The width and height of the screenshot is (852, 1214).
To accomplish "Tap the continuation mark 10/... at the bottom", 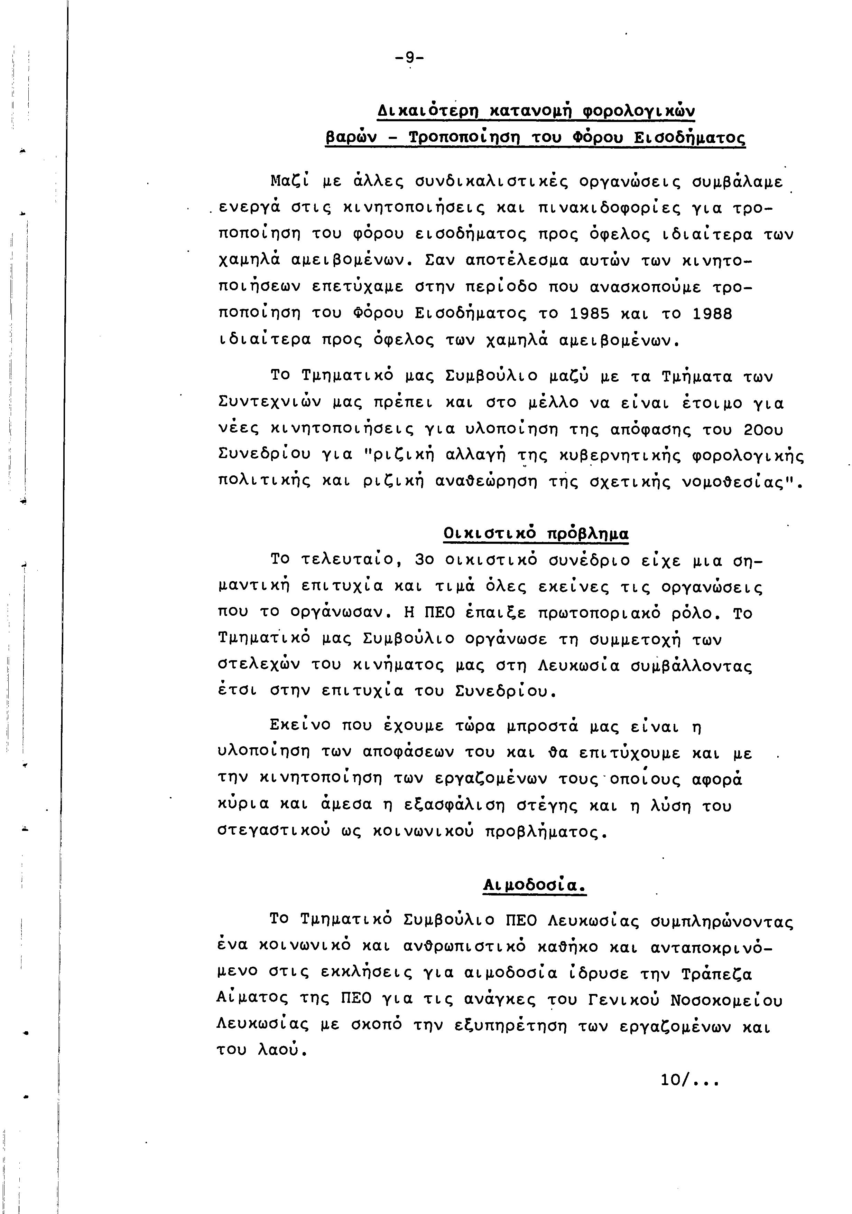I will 689,1080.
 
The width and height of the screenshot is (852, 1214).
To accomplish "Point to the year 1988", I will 712,314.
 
